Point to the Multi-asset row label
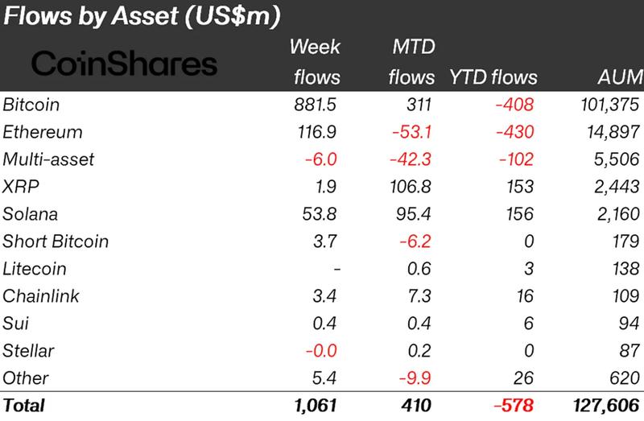pos(49,159)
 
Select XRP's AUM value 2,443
pos(617,187)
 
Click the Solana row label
pos(31,214)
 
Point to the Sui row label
pos(15,324)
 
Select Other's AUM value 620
pos(626,378)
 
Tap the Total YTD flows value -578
pos(514,406)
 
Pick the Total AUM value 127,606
pos(609,406)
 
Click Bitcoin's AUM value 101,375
pos(610,105)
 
